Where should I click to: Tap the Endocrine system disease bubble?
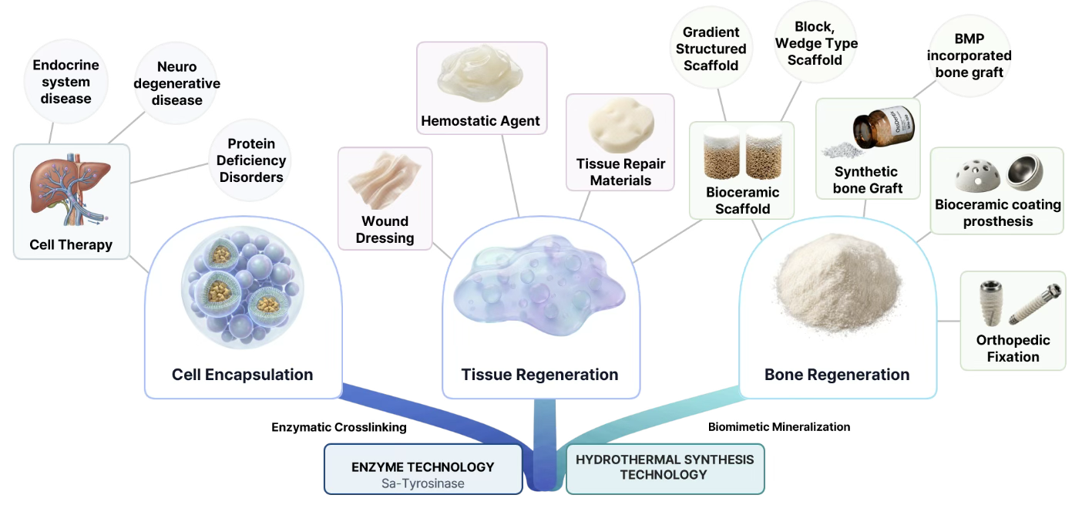(66, 82)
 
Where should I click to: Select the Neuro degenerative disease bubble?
(176, 83)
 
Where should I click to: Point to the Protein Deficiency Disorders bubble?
(250, 160)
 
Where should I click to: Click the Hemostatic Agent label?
(480, 120)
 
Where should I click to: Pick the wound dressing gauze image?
(385, 180)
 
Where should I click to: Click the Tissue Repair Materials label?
(620, 172)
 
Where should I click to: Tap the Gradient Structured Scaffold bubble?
(711, 49)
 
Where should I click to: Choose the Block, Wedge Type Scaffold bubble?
(816, 43)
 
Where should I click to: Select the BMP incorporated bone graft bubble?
(969, 56)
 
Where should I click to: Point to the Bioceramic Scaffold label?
(742, 200)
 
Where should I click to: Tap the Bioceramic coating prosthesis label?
(998, 213)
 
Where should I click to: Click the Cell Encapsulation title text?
(242, 375)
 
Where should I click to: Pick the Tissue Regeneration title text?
(539, 375)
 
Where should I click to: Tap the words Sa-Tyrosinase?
(422, 483)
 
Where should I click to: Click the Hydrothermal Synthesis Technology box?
(665, 469)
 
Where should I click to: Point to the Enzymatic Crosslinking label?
(339, 427)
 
